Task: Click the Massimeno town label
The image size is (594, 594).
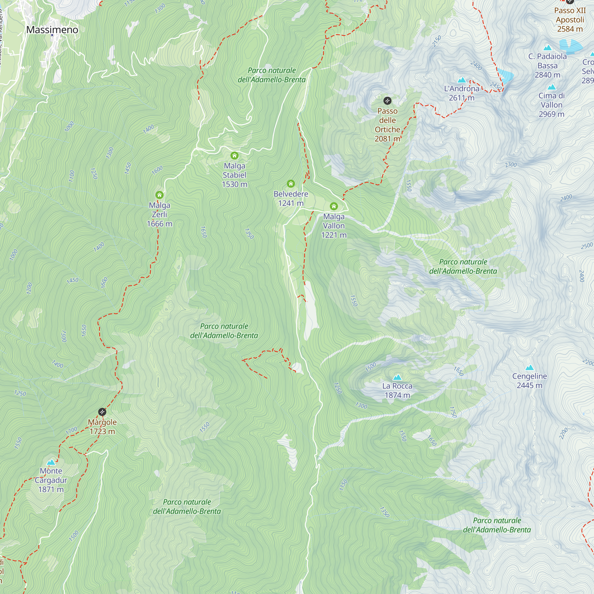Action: coord(52,29)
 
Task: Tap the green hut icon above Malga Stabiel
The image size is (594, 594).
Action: coord(235,156)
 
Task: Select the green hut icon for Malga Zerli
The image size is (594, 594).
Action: coord(159,195)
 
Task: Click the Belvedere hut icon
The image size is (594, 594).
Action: coord(291,184)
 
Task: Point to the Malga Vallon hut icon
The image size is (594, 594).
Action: coord(334,206)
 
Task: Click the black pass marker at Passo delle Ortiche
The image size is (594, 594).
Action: coord(387,101)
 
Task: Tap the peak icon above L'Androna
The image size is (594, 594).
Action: coord(462,80)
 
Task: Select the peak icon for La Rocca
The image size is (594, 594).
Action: coord(397,377)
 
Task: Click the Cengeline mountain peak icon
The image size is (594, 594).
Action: coord(530,367)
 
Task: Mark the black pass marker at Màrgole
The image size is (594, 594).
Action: coord(102,412)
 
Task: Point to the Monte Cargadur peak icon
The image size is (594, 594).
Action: coord(51,462)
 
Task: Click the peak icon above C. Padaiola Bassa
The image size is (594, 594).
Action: coord(547,48)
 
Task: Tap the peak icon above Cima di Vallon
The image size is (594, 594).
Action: coord(552,87)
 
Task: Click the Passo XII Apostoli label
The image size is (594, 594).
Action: coord(570,20)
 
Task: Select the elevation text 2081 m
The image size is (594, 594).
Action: coord(387,139)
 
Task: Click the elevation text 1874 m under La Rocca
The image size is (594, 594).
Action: coord(397,395)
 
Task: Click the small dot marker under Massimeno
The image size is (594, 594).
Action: coord(52,35)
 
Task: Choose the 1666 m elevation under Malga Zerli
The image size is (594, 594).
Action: coord(159,224)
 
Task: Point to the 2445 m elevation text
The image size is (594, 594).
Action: coord(530,386)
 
